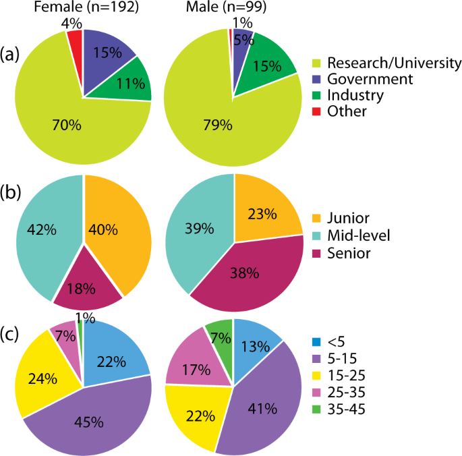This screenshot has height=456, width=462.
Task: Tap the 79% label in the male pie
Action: [x=217, y=125]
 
